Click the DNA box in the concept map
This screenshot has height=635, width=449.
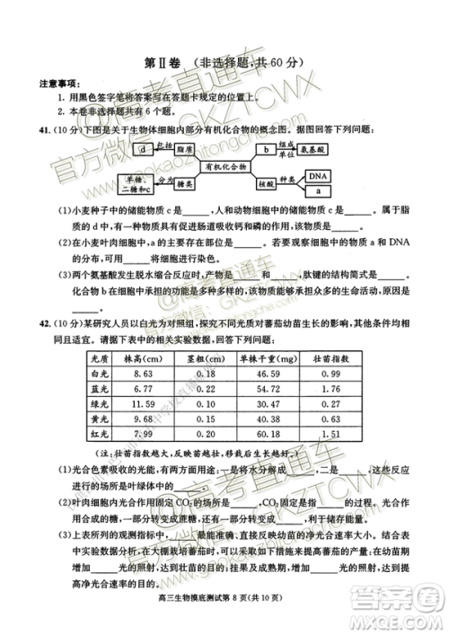(318, 175)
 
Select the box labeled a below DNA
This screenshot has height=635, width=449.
(318, 190)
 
